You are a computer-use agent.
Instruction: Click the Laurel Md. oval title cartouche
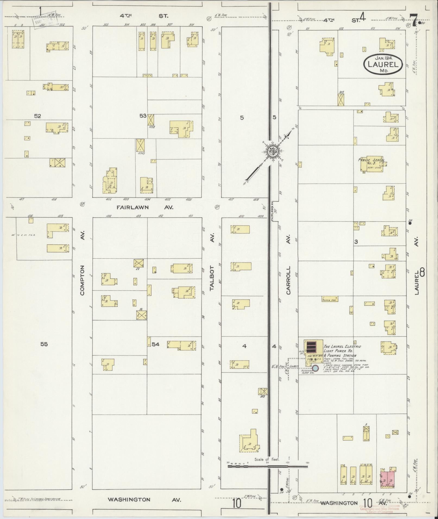point(383,64)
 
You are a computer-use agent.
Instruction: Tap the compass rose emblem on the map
point(272,152)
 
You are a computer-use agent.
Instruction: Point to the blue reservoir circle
point(316,368)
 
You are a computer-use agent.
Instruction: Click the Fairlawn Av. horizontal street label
point(144,207)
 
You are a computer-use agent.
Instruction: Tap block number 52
point(37,116)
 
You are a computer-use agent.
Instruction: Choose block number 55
point(44,344)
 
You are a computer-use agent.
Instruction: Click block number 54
point(156,344)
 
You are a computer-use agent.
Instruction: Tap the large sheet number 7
point(415,21)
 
